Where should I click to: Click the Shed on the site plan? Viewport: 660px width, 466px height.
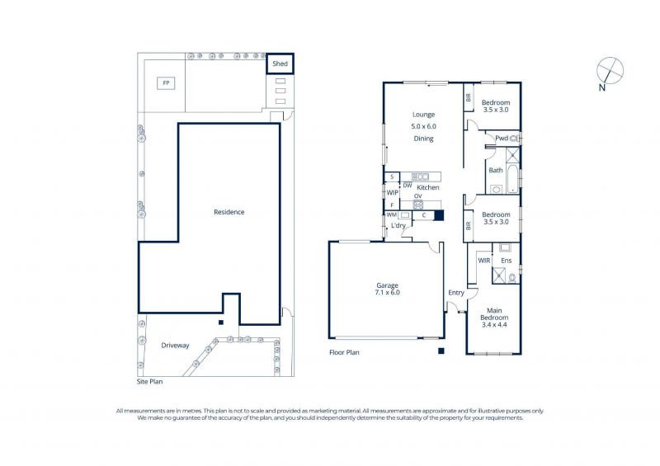280,64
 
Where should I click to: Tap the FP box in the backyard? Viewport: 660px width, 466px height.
167,83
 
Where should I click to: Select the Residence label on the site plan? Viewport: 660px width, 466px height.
229,212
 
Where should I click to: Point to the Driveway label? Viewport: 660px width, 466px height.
175,346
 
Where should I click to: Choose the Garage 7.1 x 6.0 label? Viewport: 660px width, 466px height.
387,289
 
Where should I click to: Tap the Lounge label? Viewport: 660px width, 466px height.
423,115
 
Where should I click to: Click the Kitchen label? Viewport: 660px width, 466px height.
428,188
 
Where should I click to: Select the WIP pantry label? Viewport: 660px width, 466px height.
393,193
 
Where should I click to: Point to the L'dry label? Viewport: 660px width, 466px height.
398,226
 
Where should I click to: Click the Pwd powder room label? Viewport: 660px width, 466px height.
502,138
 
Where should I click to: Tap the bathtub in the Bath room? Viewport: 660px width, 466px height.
512,179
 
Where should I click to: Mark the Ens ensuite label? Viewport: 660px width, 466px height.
506,261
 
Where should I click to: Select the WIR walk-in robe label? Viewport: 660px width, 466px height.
484,261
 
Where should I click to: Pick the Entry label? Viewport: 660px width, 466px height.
456,293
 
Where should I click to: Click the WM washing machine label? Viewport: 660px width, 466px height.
391,214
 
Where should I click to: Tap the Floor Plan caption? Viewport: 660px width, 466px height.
344,352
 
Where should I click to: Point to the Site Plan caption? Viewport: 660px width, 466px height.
150,381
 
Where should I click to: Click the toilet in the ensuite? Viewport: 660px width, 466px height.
512,278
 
